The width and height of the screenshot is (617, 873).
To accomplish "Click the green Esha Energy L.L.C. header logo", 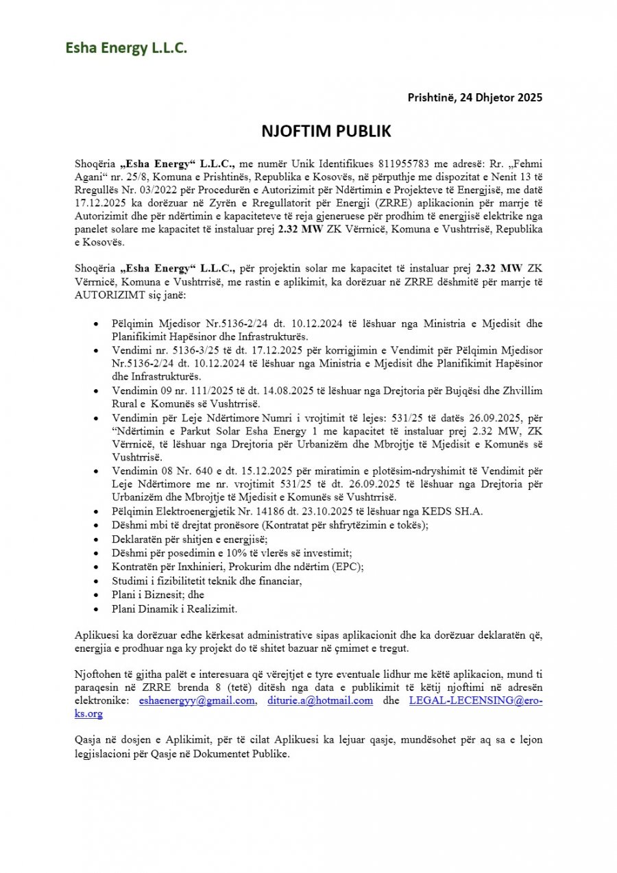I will [126, 48].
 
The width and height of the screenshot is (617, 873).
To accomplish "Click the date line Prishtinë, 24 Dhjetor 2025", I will [475, 97].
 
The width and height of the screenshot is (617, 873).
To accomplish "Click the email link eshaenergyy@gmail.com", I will [197, 700].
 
